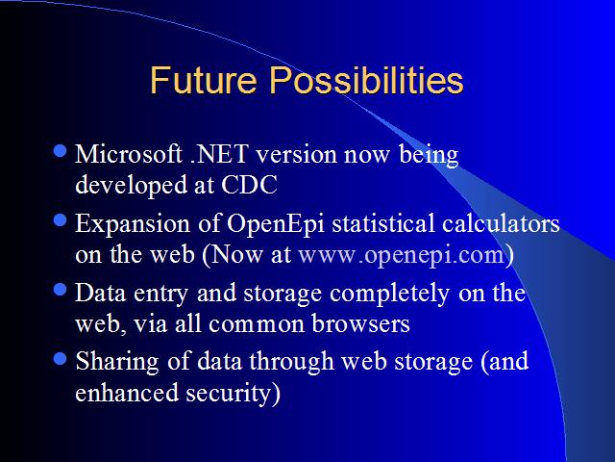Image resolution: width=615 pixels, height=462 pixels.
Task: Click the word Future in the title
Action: [x=203, y=80]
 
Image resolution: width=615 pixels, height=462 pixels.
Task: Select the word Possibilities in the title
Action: [x=366, y=80]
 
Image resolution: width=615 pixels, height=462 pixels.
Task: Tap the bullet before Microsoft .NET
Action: [x=60, y=151]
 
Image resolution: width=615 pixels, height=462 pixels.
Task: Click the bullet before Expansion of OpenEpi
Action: [x=60, y=220]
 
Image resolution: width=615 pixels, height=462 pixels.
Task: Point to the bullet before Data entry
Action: [x=60, y=290]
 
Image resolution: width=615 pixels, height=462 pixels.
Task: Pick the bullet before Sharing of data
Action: [x=60, y=359]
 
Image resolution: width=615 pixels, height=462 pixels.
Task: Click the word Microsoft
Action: [x=129, y=153]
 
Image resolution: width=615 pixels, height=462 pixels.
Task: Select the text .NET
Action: [x=219, y=154]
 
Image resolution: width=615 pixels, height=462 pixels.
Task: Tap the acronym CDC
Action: [x=249, y=184]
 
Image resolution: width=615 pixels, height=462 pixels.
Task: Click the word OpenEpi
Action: [x=276, y=224]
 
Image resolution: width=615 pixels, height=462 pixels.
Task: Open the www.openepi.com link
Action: [x=402, y=255]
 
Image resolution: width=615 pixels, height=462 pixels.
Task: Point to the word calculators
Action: [x=501, y=223]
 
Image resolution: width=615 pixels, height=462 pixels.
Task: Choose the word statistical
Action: [x=383, y=223]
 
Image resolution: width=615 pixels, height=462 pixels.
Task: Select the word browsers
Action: [x=361, y=324]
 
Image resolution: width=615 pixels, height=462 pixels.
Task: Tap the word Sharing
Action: [x=117, y=362]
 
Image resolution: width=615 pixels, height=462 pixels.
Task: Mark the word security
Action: [x=233, y=394]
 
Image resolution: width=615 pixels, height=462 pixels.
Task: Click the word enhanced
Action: [x=127, y=393]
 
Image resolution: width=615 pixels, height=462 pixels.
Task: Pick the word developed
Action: [x=131, y=186]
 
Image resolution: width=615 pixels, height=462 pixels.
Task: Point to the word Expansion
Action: [x=133, y=224]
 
